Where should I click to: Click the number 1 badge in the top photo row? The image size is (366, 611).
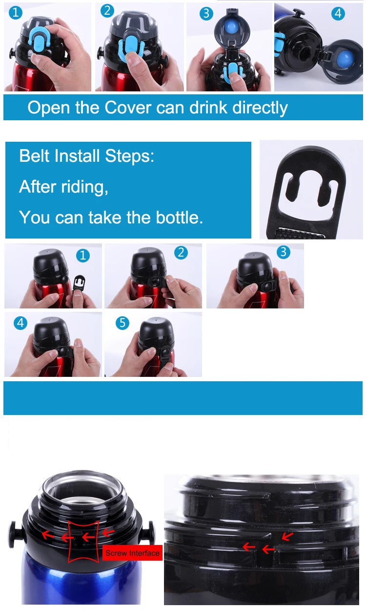[x=16, y=13]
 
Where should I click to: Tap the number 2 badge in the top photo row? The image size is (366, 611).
[x=107, y=11]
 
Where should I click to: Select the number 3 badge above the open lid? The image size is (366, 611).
[x=206, y=14]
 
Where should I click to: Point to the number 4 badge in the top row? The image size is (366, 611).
[x=338, y=13]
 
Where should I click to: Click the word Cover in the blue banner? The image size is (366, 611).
[x=128, y=108]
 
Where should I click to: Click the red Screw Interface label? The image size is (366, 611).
[x=132, y=553]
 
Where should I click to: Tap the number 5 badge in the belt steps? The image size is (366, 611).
[x=122, y=323]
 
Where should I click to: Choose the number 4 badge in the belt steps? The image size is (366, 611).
[x=20, y=323]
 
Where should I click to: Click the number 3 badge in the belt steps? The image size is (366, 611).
[x=284, y=252]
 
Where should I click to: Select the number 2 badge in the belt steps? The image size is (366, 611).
[x=181, y=253]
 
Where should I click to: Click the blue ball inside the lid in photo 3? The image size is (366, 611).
[x=232, y=27]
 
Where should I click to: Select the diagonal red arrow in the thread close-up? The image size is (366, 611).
[x=287, y=536]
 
